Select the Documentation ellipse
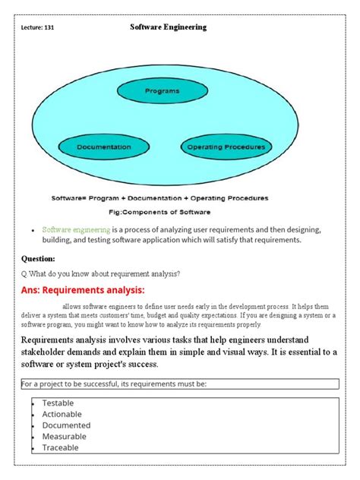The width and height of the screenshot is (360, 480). [x=104, y=147]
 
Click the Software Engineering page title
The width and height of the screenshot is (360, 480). [x=169, y=27]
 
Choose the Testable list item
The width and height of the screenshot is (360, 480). [x=58, y=403]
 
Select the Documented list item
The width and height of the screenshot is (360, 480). [x=66, y=425]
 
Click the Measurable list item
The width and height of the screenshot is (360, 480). [x=65, y=437]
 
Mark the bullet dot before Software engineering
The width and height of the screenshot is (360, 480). [x=33, y=229]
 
